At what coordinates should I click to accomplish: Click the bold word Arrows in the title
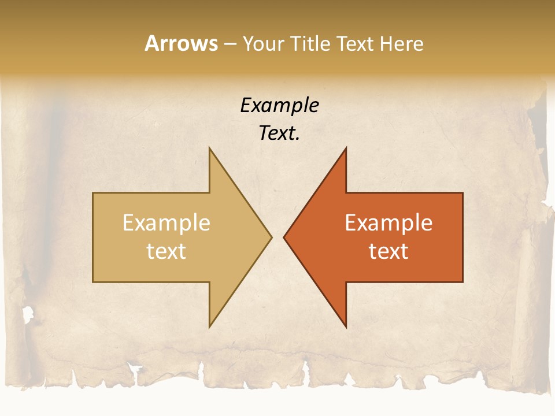(x=182, y=43)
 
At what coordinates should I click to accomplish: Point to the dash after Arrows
(x=230, y=44)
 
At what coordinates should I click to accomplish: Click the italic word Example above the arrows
(x=279, y=105)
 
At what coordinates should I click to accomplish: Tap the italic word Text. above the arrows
(x=279, y=133)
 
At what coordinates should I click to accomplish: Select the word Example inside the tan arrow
(x=166, y=223)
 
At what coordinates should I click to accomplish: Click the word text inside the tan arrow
(x=166, y=251)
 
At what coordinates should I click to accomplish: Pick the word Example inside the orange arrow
(x=388, y=223)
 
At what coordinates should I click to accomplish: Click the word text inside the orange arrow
(x=388, y=251)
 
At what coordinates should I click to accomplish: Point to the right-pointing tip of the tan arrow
(x=271, y=237)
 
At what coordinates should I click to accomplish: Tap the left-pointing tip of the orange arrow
(x=284, y=237)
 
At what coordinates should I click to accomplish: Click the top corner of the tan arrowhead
(x=210, y=148)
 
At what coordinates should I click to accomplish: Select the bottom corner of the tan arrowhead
(x=210, y=326)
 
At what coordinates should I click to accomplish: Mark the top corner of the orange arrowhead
(x=346, y=148)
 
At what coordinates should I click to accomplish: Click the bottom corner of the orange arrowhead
(x=346, y=326)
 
